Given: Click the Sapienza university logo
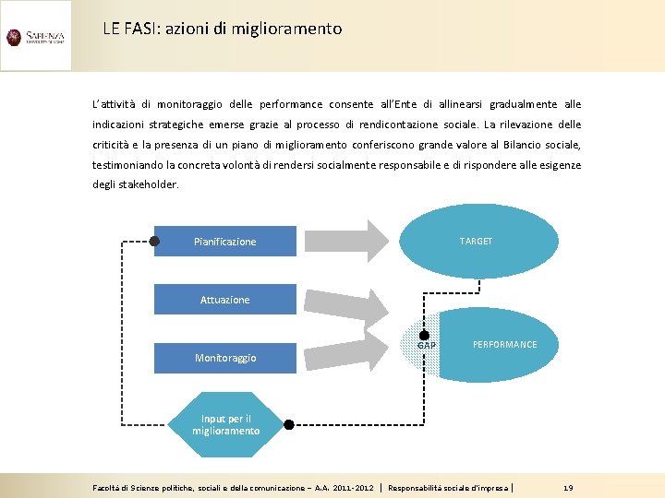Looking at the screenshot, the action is tap(35, 37).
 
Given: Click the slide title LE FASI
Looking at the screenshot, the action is tap(223, 29).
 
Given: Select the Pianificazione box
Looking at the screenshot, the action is tap(225, 242).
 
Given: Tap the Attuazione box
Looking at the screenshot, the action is tap(225, 300).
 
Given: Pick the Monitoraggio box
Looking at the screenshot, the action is tap(225, 358).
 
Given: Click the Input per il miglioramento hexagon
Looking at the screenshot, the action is tap(225, 425).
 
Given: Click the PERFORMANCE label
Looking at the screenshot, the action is tap(504, 345).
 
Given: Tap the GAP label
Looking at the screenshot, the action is tap(427, 347).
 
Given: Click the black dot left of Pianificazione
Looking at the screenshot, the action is tap(154, 242).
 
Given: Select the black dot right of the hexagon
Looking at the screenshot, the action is tap(288, 425).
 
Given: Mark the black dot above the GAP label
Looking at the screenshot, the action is tap(425, 336).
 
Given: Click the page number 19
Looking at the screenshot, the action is tap(568, 487).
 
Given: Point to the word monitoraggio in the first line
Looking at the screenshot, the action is tap(189, 104).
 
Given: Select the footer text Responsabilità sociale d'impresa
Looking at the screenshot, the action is tap(449, 487).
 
